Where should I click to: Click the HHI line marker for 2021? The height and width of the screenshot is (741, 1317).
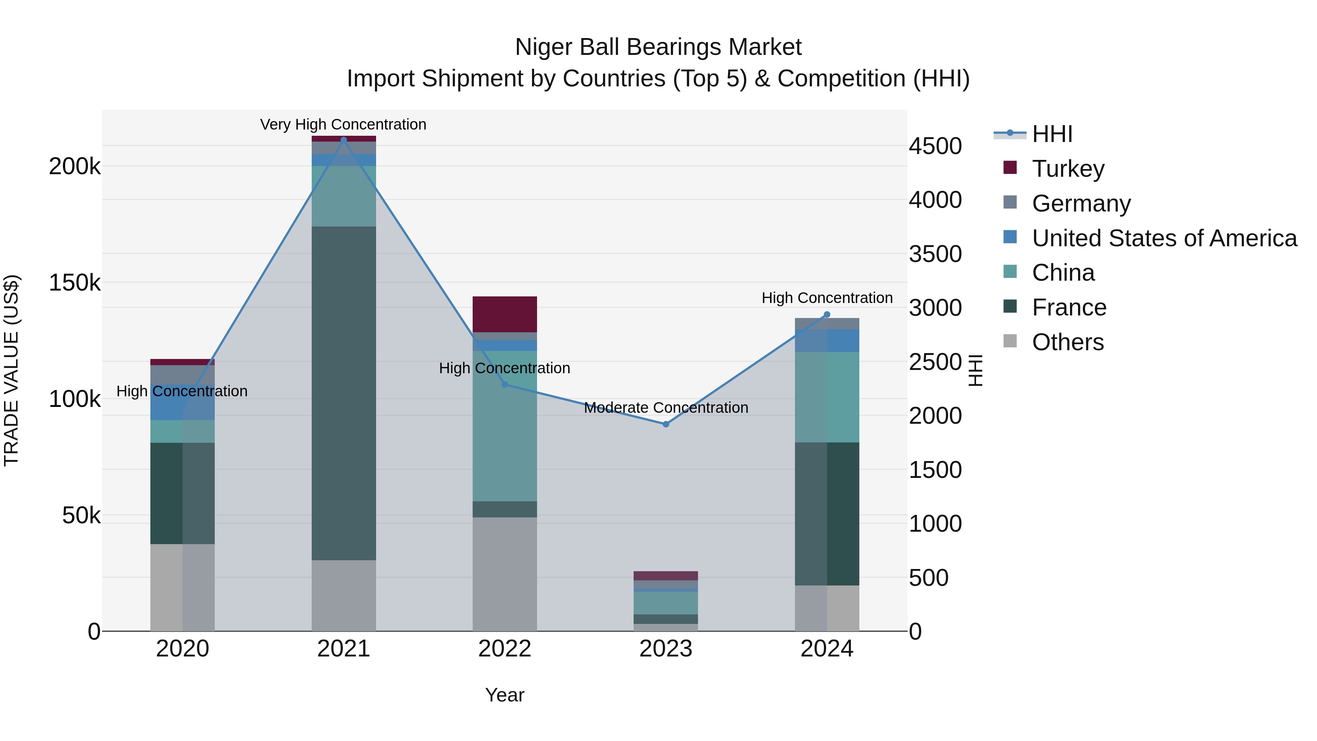point(344,140)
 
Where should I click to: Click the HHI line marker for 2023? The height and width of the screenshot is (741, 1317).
point(666,424)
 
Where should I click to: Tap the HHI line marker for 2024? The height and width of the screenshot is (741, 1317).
point(827,314)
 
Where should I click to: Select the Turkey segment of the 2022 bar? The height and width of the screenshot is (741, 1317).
point(504,314)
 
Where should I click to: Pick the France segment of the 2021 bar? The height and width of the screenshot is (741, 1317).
point(344,393)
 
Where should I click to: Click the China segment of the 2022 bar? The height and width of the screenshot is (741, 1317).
point(504,426)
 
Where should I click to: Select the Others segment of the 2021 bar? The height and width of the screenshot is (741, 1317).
point(344,595)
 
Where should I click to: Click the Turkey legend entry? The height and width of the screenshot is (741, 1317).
point(1068,168)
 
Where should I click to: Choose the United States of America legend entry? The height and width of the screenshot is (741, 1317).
point(1164,238)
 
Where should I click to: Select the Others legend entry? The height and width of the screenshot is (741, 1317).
point(1068,342)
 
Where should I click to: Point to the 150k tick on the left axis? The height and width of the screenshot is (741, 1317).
point(75,282)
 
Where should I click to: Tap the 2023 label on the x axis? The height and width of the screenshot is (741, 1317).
point(666,649)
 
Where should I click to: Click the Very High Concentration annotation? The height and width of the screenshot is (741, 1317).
point(343,124)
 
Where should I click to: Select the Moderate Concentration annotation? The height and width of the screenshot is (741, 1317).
point(666,408)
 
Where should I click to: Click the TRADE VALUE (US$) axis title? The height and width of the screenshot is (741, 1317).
point(11,370)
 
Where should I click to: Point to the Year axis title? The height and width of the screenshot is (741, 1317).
point(504,695)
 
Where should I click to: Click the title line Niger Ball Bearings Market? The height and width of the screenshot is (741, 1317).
point(658,47)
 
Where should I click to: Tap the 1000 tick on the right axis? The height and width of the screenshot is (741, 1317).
point(935,523)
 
